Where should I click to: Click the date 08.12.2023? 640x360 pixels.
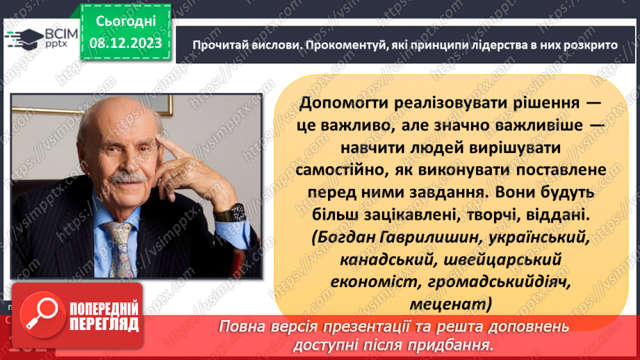pos(125,43)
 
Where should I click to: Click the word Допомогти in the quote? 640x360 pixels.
pos(343,102)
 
